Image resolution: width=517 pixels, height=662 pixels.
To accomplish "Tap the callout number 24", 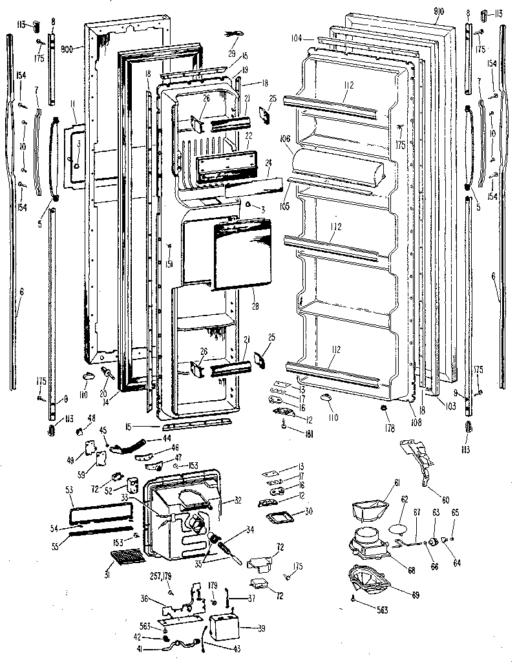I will (268, 164).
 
